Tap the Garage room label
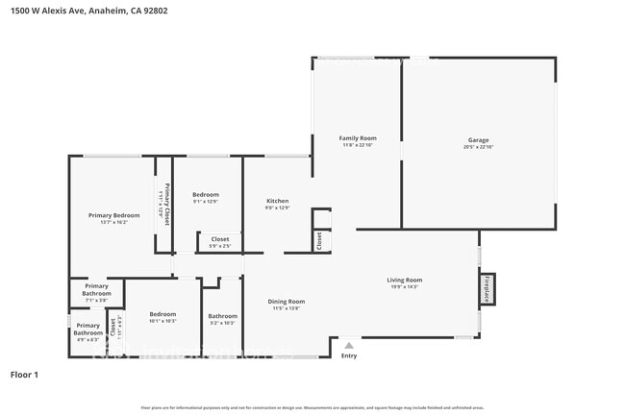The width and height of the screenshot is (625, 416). (478, 139)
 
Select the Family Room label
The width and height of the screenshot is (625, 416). (357, 138)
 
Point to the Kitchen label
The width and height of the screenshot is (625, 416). (277, 201)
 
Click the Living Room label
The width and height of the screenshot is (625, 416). (404, 280)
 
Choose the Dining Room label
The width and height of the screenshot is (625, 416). (286, 302)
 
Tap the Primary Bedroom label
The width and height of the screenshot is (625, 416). (114, 215)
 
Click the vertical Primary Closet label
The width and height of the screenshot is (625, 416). (167, 204)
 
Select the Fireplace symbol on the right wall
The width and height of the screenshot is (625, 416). (487, 289)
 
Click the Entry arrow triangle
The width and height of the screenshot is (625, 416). (348, 345)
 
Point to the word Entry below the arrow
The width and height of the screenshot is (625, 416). (348, 355)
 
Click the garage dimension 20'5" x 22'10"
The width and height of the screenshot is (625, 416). (478, 147)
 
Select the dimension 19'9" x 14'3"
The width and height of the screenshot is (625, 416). (404, 287)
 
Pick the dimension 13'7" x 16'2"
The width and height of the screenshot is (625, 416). (114, 223)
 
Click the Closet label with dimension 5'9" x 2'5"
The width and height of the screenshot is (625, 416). (220, 239)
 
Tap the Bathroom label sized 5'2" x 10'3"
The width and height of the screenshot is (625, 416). (222, 316)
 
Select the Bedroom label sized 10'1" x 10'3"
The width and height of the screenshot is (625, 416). (162, 314)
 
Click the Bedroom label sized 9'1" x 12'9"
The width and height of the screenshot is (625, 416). (205, 194)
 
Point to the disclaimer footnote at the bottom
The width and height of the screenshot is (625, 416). (312, 407)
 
